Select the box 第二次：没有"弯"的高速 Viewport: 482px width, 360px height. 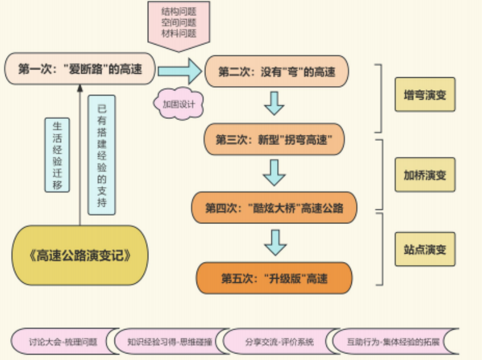(x=277, y=72)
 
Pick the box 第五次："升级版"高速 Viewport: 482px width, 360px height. (x=274, y=277)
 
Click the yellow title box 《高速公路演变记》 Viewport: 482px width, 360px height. (x=80, y=256)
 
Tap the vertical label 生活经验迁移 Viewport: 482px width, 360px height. (x=58, y=154)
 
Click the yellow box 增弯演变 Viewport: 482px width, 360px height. (x=424, y=94)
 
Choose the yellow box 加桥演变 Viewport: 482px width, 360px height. (x=424, y=175)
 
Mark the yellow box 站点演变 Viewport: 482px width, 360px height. (x=424, y=249)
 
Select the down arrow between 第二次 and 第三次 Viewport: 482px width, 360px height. (x=274, y=103)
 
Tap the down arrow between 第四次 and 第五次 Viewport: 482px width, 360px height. (x=275, y=242)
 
